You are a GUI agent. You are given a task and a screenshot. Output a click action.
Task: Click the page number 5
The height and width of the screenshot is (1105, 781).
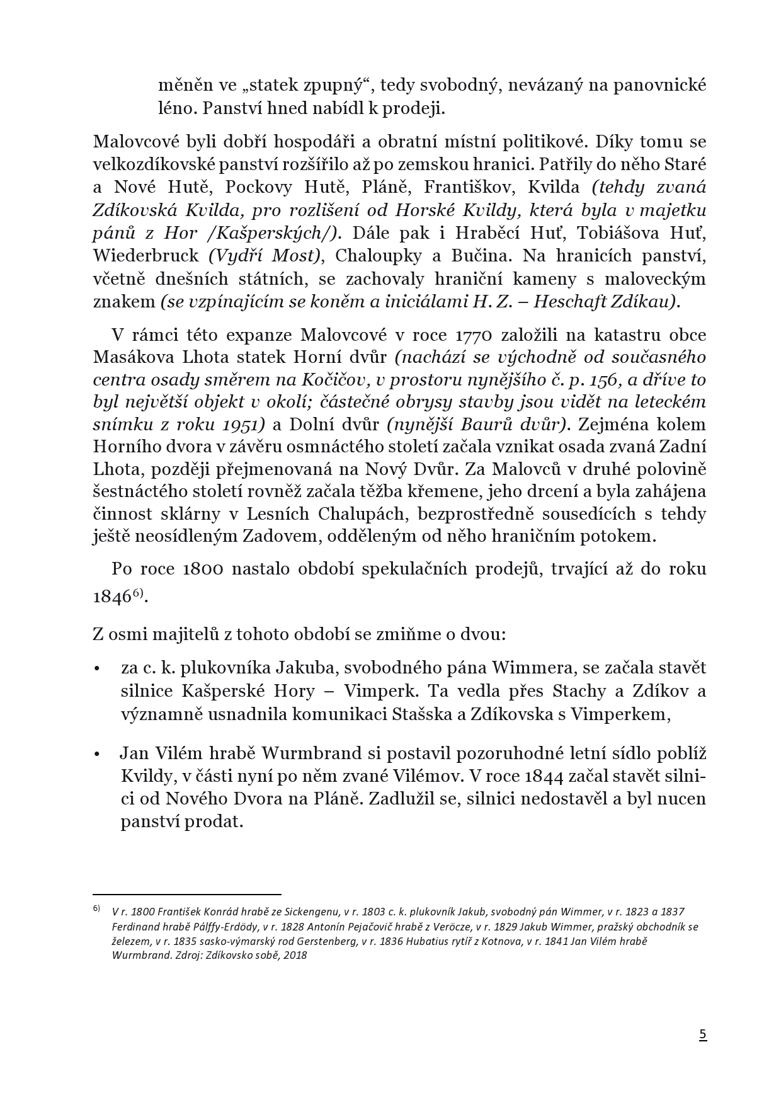point(703,1035)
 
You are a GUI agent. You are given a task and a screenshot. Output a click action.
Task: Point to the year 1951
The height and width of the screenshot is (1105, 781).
point(242,424)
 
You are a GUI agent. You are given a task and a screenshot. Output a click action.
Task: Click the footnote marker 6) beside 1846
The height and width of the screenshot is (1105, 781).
point(139,592)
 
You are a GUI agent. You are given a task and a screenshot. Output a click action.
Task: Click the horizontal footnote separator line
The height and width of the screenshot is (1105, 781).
point(186,893)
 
